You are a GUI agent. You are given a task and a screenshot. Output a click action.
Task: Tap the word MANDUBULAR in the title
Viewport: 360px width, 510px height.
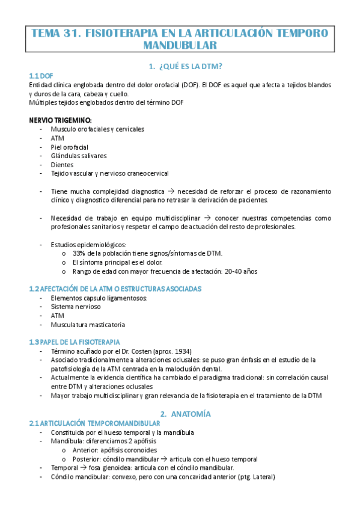(180, 45)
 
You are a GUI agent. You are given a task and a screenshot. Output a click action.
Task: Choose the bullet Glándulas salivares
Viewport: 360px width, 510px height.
(79, 156)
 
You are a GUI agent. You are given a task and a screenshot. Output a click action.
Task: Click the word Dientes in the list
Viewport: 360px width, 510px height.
(63, 165)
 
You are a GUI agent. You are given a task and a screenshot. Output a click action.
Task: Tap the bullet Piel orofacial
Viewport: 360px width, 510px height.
(70, 147)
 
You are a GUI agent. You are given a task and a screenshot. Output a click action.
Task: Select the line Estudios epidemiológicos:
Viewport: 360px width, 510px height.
(88, 245)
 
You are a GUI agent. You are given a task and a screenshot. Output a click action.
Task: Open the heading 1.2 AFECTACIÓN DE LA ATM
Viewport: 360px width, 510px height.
(115, 289)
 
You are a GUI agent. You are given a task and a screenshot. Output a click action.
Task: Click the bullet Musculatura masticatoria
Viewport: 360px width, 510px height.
(88, 325)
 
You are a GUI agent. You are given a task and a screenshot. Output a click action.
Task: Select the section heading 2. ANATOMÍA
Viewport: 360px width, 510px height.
(185, 414)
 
